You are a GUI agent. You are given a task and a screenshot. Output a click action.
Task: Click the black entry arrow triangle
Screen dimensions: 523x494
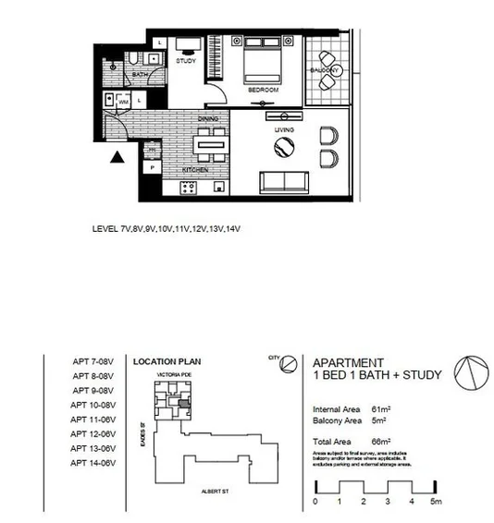(x=117, y=159)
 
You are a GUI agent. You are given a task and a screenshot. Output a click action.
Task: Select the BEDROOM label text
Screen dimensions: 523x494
(x=263, y=91)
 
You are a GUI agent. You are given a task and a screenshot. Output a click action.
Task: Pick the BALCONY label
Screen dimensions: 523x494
(x=325, y=70)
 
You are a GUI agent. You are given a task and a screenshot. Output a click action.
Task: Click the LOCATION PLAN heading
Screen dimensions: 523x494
(x=167, y=363)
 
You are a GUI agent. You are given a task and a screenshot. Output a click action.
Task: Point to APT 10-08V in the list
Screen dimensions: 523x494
(x=92, y=405)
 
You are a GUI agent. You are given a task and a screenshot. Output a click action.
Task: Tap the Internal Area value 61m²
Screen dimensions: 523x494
(x=379, y=407)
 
